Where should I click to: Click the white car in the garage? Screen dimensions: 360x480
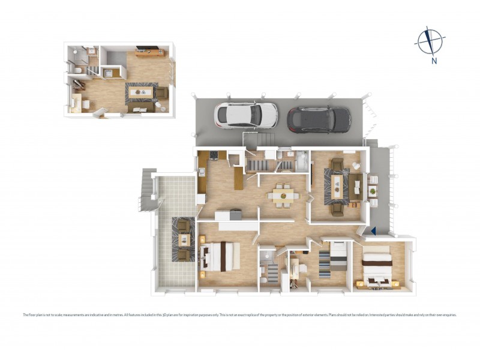[246, 115]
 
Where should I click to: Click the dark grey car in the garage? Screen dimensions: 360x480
[319, 119]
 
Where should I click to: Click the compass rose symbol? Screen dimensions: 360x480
[430, 41]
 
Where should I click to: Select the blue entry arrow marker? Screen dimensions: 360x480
[373, 230]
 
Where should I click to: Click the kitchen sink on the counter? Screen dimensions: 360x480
[202, 172]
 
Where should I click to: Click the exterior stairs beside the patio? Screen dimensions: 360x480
[147, 190]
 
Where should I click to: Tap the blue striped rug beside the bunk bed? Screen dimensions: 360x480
[324, 265]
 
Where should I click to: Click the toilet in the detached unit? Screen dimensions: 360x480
[79, 71]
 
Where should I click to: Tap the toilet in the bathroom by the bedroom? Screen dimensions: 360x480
[264, 279]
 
